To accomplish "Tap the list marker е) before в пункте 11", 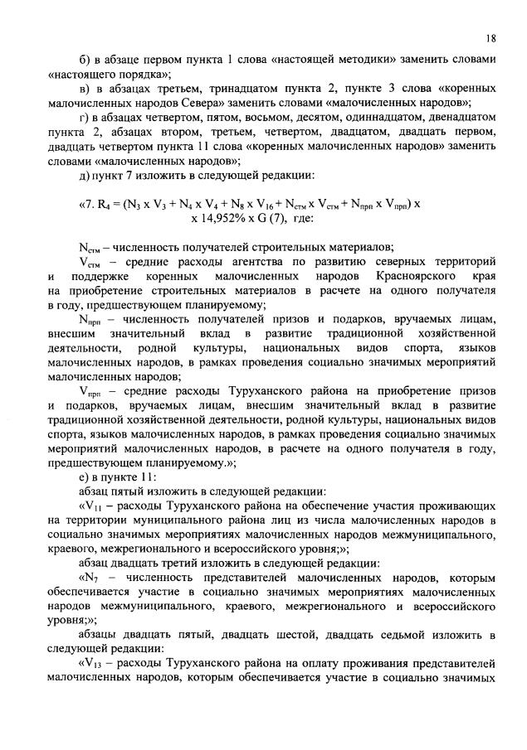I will tap(82, 475).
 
